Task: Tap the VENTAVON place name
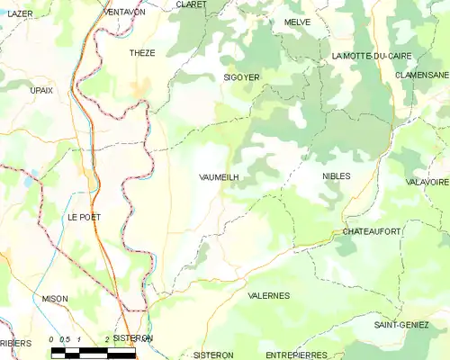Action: [x=125, y=12]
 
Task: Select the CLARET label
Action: [x=192, y=4]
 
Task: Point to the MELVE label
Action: [x=297, y=22]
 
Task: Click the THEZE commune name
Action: [x=142, y=53]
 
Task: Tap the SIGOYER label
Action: [x=241, y=78]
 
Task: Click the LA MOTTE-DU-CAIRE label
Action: [x=371, y=56]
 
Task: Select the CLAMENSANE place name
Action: [x=422, y=75]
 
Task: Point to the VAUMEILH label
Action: [x=219, y=178]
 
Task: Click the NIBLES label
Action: [x=336, y=176]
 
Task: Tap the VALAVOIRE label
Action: [x=427, y=182]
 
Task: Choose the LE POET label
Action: [x=84, y=218]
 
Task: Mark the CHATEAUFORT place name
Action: [x=371, y=232]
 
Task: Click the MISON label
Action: [x=55, y=298]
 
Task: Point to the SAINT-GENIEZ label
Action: [x=401, y=324]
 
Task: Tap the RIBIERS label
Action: [x=14, y=343]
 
